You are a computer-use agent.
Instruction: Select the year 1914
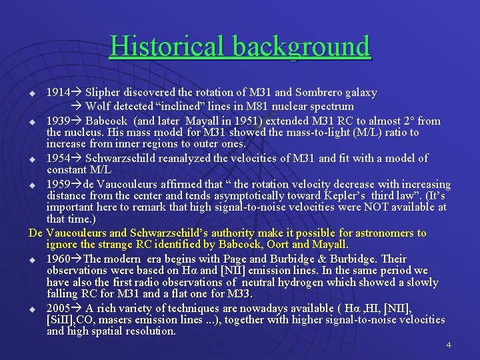57,93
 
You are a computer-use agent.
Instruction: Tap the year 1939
57,121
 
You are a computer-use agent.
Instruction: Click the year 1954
57,158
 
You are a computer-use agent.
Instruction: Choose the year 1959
57,184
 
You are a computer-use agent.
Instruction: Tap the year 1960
57,258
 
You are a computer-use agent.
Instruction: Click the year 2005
57,308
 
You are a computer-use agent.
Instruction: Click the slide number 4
449,345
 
